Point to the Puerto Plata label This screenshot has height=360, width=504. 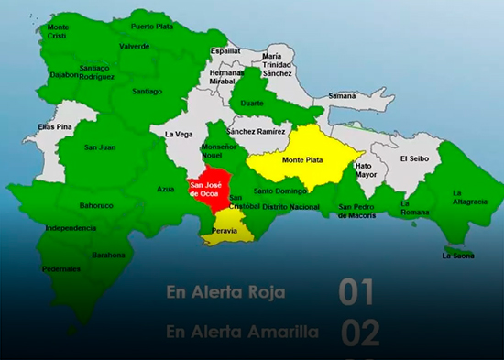[151, 27]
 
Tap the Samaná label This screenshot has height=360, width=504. [343, 95]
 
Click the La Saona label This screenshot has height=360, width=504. [458, 256]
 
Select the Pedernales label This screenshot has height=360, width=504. [62, 269]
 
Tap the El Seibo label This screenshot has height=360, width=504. [414, 158]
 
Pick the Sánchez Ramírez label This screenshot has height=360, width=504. [257, 131]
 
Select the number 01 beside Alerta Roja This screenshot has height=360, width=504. [356, 292]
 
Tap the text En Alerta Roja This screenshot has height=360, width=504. [225, 293]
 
